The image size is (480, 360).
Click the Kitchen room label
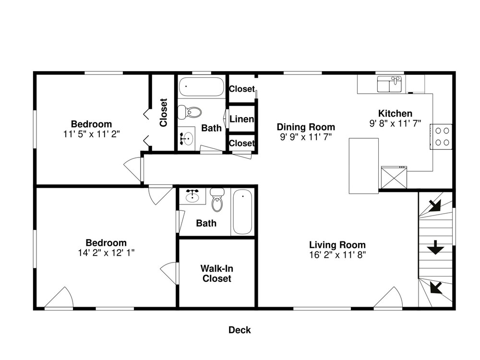395,114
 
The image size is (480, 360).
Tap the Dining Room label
306,127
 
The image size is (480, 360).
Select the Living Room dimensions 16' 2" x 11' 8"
337,255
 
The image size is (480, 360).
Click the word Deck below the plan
240,330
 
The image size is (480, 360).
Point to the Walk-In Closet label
217,274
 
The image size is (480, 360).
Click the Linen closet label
242,119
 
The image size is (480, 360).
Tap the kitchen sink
389,84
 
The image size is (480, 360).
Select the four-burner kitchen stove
441,136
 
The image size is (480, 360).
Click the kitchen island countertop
364,166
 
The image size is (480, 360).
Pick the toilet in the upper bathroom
190,112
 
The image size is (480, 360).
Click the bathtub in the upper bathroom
202,86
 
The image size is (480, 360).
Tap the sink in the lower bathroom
192,196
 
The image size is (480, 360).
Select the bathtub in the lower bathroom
243,212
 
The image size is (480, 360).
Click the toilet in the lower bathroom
217,200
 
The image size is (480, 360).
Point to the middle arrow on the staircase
435,247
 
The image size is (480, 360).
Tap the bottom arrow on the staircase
436,288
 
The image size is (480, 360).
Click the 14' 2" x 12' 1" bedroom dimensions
106,253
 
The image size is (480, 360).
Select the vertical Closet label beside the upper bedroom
164,112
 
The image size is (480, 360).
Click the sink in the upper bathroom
186,138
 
